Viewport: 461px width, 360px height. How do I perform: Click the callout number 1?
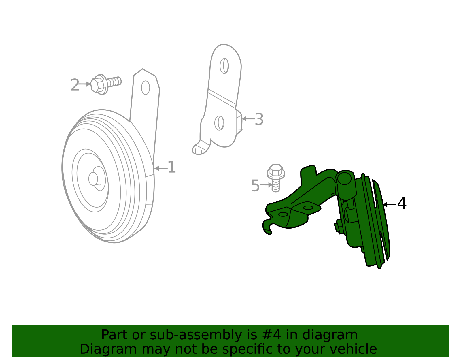[172, 167]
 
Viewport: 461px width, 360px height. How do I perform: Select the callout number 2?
[75, 85]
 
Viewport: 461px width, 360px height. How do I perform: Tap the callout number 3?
[259, 119]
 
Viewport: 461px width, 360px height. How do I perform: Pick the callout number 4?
[402, 203]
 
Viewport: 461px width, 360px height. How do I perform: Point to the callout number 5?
[255, 186]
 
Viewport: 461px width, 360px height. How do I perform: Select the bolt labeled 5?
[276, 177]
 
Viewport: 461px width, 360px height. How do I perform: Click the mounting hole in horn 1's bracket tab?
[146, 88]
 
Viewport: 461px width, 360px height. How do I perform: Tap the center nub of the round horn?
[93, 179]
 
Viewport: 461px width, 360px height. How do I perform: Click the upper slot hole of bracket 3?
[224, 66]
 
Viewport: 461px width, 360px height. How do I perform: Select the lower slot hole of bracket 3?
[219, 123]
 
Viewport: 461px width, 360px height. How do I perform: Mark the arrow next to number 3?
[247, 119]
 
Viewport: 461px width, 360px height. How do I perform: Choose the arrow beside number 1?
[160, 168]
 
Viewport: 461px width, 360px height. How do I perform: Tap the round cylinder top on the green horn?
[344, 178]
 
